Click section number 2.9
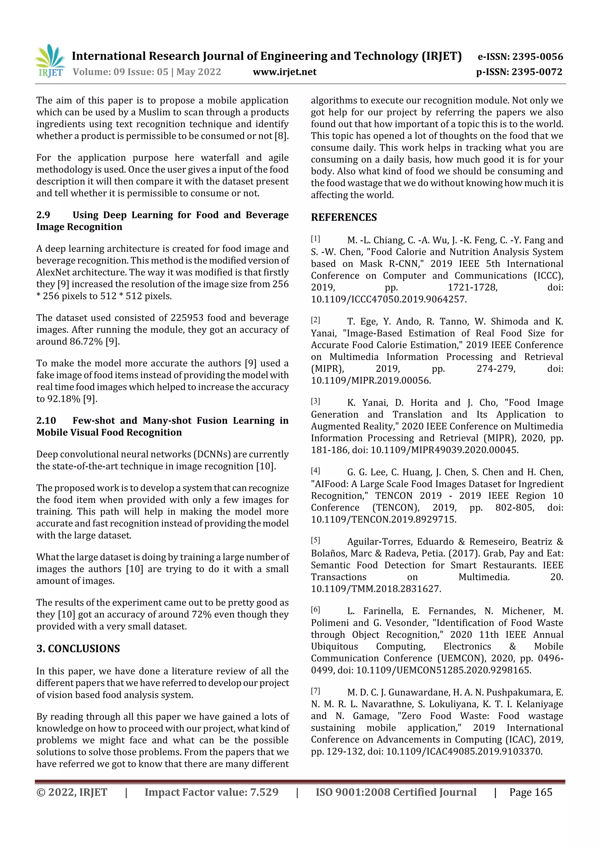point(43,215)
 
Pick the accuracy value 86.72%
point(86,342)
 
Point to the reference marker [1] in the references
point(315,239)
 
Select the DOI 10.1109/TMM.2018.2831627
point(376,589)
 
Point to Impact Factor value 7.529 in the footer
point(211,792)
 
